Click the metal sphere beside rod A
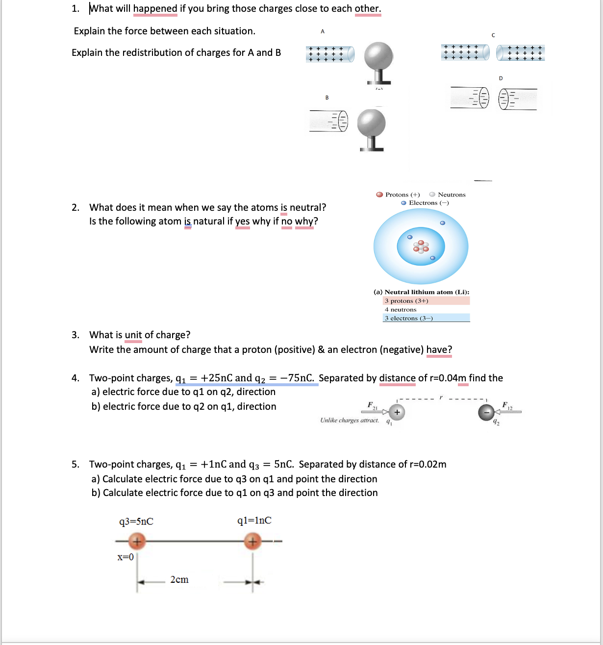click(378, 56)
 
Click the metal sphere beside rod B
click(371, 123)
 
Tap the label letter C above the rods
click(493, 35)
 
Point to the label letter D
click(501, 78)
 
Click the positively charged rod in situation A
click(330, 54)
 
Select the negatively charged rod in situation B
click(329, 121)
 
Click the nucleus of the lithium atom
click(421, 246)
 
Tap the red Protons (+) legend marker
click(379, 195)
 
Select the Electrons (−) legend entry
click(425, 203)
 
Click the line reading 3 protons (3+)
click(406, 301)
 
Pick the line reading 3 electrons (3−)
click(408, 318)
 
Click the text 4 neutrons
click(401, 310)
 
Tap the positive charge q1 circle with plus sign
click(397, 413)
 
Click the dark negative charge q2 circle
click(486, 413)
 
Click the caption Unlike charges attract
click(350, 420)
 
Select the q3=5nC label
click(136, 521)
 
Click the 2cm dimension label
click(179, 580)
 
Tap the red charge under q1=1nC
click(252, 542)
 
